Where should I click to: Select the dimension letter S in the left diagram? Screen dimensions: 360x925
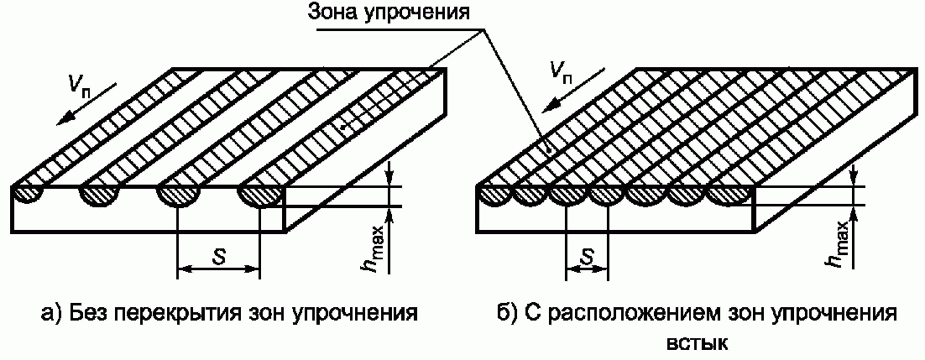click(217, 258)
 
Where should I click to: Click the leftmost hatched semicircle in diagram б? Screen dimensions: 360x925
click(495, 196)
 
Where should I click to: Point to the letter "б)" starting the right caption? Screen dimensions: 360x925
click(506, 315)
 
